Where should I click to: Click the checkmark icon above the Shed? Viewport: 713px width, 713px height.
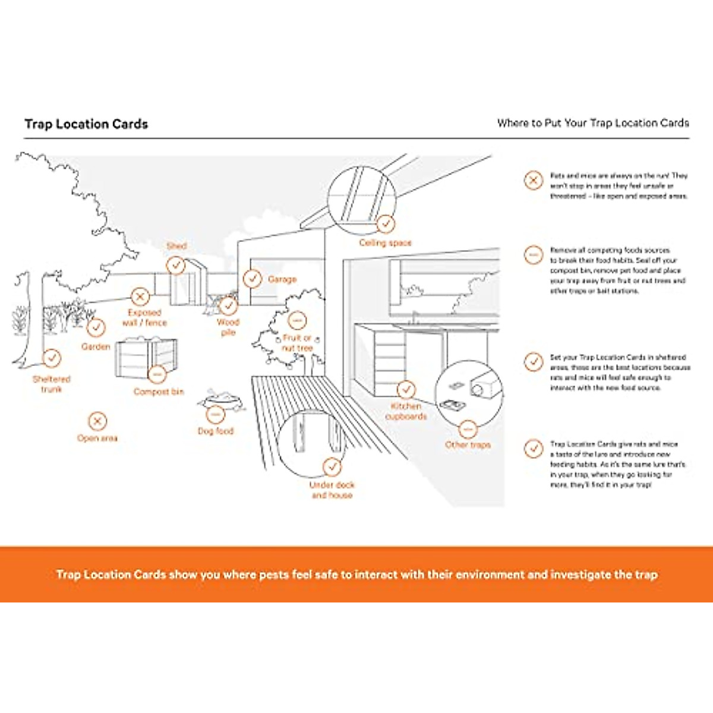click(x=175, y=265)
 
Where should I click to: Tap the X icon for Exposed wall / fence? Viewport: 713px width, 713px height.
click(x=140, y=296)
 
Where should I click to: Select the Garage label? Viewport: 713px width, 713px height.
click(x=282, y=279)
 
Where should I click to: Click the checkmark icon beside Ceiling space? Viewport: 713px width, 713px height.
click(x=386, y=223)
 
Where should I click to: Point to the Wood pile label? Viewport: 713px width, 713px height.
click(x=228, y=327)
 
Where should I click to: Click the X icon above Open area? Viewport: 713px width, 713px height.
click(x=97, y=421)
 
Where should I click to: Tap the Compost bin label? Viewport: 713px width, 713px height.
click(x=159, y=392)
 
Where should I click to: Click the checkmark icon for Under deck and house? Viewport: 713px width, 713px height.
click(x=332, y=467)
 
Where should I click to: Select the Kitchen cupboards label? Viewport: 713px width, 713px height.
click(x=406, y=411)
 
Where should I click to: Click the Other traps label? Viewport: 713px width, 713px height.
click(x=468, y=444)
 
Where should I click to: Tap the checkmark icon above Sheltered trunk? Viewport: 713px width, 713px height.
click(x=52, y=358)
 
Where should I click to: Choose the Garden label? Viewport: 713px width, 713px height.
click(x=96, y=346)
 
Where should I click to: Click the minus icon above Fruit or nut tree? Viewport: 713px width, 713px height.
click(x=297, y=320)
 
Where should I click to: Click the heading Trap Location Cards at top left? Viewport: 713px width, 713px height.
click(x=86, y=124)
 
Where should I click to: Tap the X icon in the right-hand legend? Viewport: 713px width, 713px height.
click(x=534, y=180)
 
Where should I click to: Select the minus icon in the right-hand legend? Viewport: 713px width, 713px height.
click(x=534, y=255)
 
